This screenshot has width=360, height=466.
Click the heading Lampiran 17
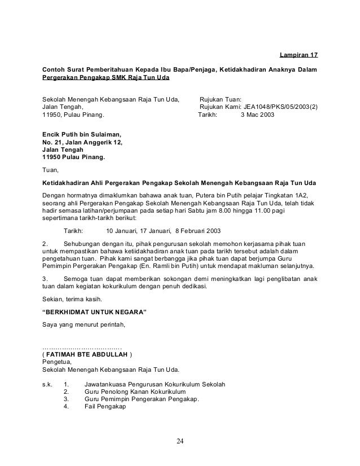coord(299,56)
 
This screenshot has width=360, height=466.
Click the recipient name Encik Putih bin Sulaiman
coord(82,134)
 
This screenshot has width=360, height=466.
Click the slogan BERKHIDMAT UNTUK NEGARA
coord(94,311)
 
